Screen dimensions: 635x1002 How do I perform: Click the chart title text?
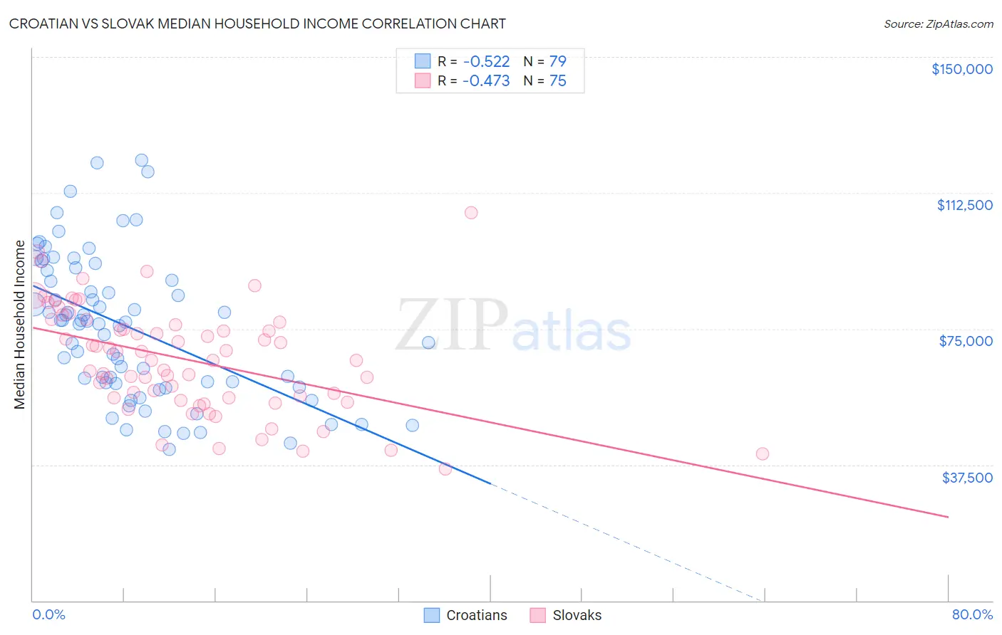coord(257,23)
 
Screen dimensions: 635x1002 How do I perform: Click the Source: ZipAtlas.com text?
coord(938,23)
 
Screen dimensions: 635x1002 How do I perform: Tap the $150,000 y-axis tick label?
coord(961,69)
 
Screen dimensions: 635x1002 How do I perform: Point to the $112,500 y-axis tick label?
coord(964,205)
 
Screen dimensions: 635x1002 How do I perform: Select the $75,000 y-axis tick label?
coord(966,341)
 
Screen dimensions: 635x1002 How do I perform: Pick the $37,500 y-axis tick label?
coord(967,478)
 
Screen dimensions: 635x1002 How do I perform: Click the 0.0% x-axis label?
coord(48,614)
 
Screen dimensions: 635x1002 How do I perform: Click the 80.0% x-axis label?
coord(972,614)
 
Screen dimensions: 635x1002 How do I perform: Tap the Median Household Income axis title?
coord(19,325)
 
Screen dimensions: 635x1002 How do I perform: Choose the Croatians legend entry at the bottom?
coord(465,615)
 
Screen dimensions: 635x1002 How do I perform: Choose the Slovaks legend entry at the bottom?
coord(566,615)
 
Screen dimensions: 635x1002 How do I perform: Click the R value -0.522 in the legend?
coord(486,61)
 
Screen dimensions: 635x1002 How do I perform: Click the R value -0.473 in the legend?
coord(486,80)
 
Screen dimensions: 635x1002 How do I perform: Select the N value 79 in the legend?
coord(557,61)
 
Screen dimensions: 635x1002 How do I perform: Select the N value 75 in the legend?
coord(557,80)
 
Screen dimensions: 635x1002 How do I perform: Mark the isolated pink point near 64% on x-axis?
coord(762,453)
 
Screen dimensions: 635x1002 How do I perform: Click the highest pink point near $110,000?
coord(471,212)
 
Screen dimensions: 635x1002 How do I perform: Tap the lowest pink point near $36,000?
coord(445,468)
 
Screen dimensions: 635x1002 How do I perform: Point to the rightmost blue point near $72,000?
coord(428,342)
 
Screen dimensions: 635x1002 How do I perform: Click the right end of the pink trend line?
coord(948,517)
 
